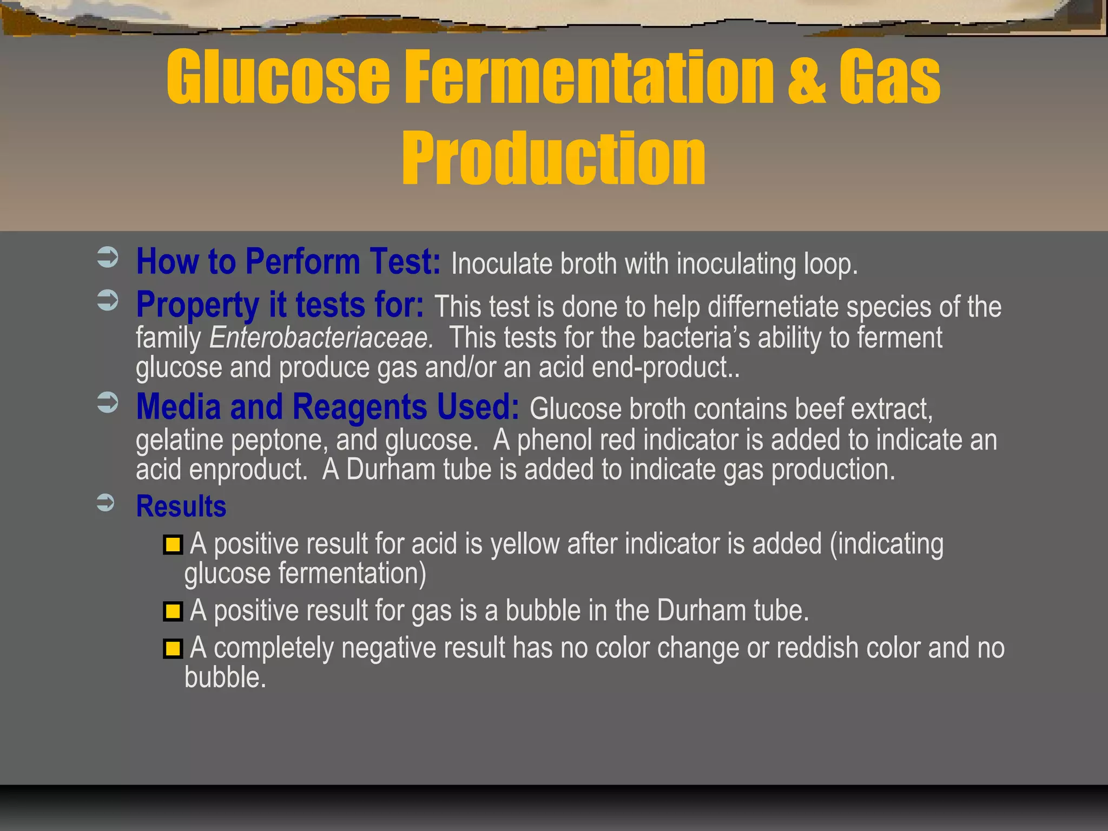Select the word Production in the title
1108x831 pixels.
click(x=553, y=158)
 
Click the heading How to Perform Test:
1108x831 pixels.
click(x=288, y=262)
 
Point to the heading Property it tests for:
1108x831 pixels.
click(x=280, y=305)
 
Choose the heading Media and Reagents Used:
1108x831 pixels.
click(x=327, y=407)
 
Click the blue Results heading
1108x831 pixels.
click(x=181, y=507)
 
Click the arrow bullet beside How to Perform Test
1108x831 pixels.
click(x=108, y=258)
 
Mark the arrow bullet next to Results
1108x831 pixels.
click(x=106, y=503)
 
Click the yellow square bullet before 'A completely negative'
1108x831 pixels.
click(x=173, y=648)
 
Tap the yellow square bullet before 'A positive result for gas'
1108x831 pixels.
click(x=173, y=611)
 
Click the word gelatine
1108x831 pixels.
click(x=179, y=440)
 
